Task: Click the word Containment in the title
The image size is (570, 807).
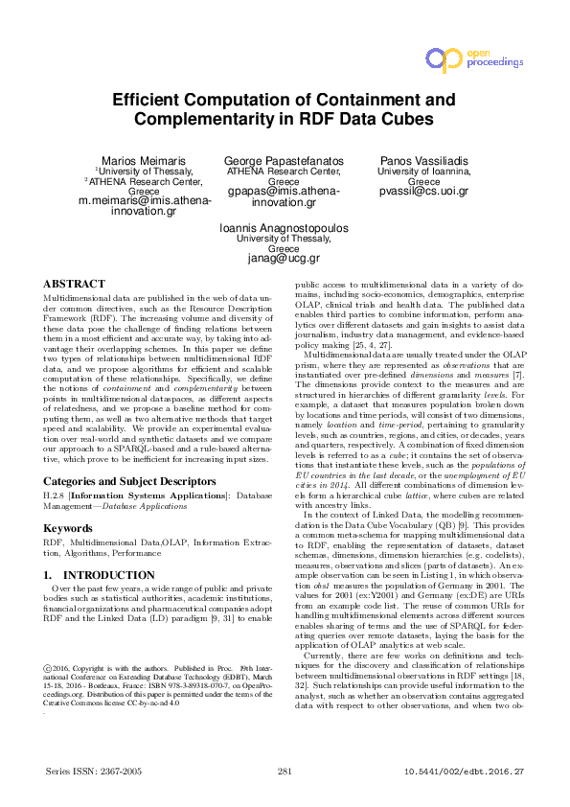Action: click(x=372, y=100)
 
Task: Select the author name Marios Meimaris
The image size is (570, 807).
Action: click(x=144, y=159)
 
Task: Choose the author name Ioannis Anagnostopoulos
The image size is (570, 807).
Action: click(x=285, y=228)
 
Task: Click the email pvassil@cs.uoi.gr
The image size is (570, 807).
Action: click(x=422, y=192)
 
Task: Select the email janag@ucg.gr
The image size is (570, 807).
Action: click(x=285, y=259)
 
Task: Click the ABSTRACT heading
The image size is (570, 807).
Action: click(x=75, y=285)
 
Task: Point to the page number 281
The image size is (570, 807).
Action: click(x=285, y=771)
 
